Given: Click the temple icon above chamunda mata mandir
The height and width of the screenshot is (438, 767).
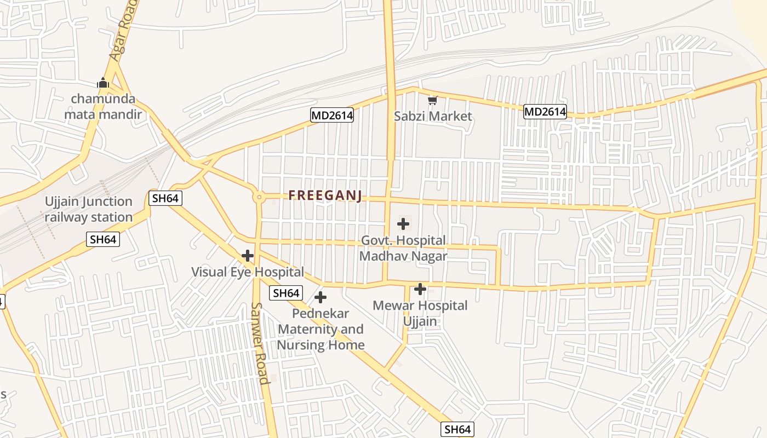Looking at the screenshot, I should [103, 83].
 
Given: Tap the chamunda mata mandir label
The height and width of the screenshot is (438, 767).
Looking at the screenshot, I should [103, 107].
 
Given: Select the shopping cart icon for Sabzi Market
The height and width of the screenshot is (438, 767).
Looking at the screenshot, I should [432, 100].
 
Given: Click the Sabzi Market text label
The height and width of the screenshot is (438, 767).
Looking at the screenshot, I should [433, 116].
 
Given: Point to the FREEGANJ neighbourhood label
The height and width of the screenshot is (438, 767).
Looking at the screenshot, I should [325, 195].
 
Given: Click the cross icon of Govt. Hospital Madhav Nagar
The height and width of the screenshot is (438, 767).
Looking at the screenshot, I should [403, 223].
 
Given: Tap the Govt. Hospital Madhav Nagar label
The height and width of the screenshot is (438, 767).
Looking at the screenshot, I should [403, 248].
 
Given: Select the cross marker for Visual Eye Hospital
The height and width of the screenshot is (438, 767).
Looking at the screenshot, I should [248, 256].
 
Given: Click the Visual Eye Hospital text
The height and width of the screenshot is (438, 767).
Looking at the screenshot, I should [247, 272].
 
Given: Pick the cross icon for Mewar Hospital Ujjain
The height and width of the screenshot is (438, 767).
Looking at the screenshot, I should [420, 289].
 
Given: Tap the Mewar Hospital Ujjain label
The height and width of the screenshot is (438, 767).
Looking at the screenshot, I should [420, 313].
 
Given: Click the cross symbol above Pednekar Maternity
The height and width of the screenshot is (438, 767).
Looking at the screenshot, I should [320, 297].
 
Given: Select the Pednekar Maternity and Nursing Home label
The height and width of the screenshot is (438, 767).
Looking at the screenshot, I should [320, 329].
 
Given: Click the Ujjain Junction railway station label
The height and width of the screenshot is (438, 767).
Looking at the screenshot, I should [89, 209].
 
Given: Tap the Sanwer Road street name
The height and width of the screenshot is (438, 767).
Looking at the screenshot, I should [260, 343].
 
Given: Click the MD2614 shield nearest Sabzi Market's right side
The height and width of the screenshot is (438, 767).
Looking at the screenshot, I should [545, 112].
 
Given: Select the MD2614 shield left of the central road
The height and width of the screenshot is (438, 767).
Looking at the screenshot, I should [331, 115].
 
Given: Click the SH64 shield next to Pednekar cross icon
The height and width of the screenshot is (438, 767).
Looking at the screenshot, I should [285, 293].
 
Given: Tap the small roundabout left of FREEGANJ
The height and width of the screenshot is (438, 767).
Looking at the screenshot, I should [258, 197].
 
